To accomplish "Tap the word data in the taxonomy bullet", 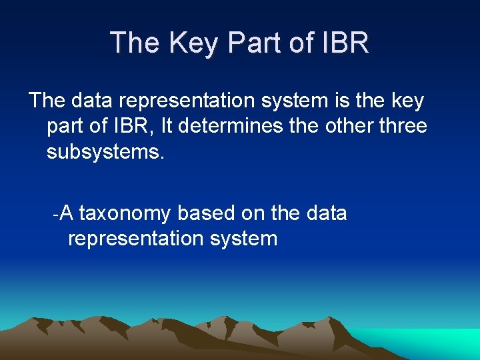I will (x=325, y=213).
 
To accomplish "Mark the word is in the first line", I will (x=339, y=101).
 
